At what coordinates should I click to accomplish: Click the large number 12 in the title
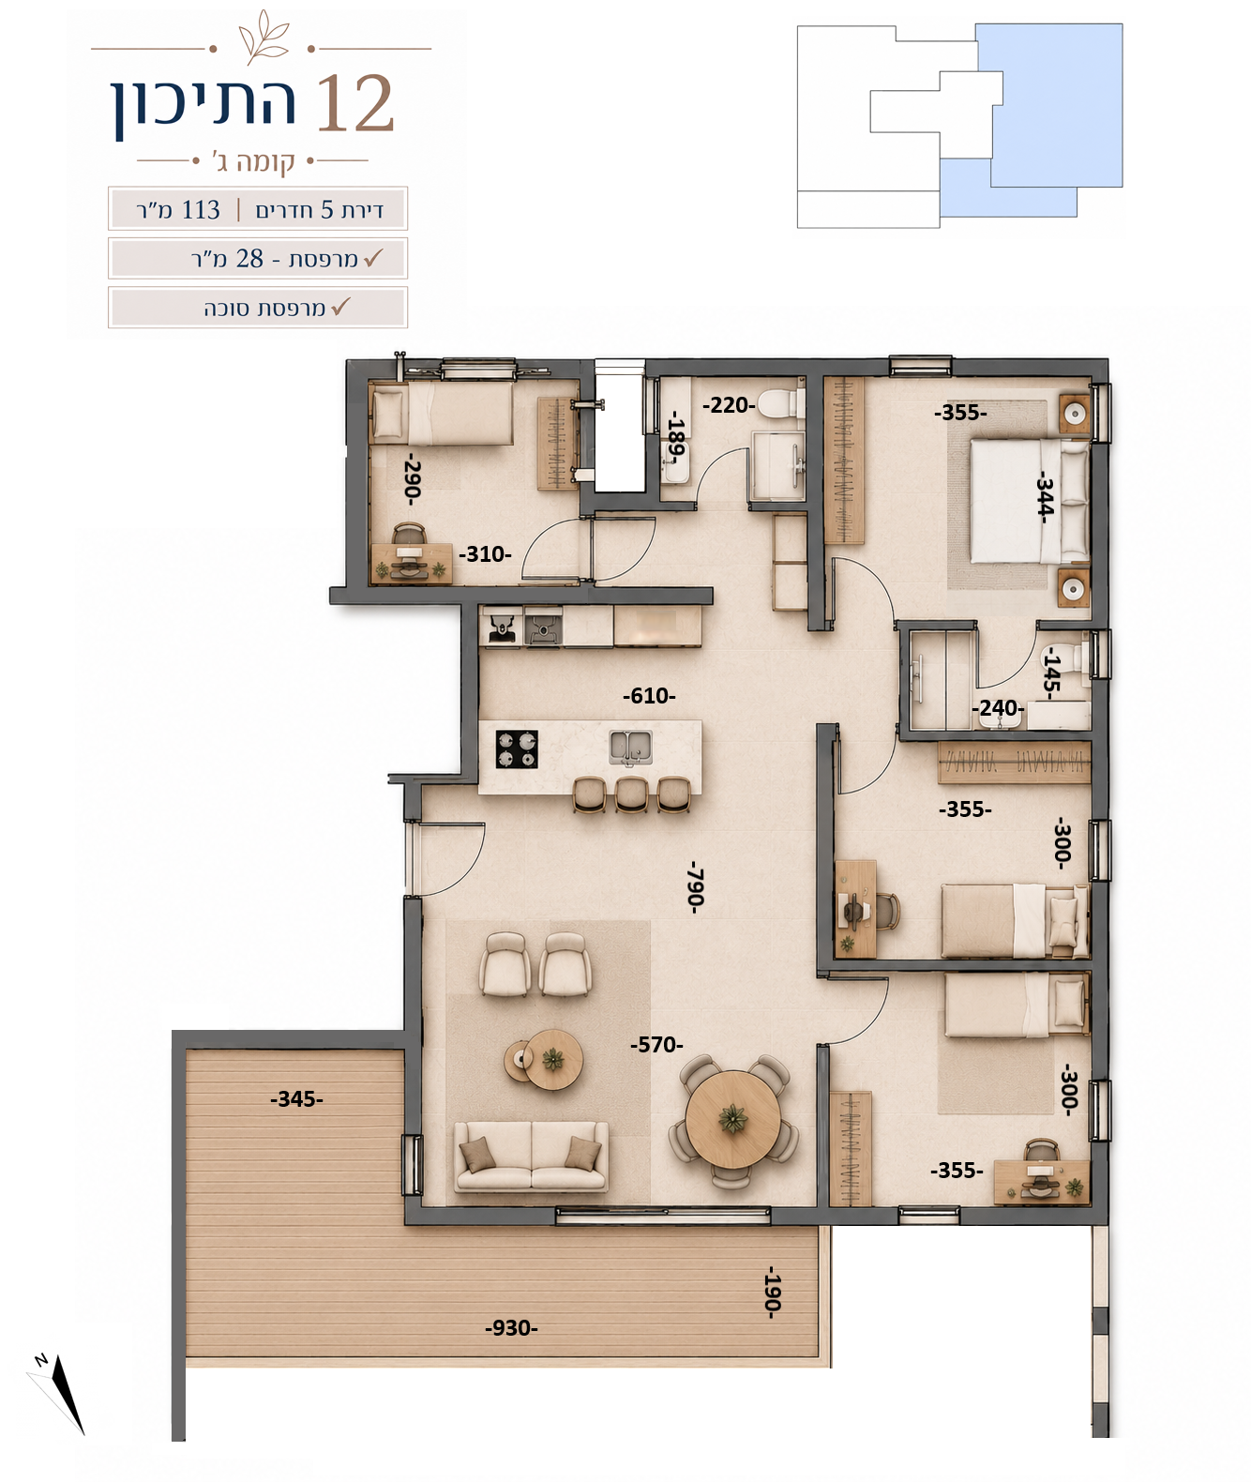click(x=354, y=103)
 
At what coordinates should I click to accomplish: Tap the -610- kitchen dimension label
click(x=649, y=696)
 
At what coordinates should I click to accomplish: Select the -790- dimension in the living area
click(x=696, y=887)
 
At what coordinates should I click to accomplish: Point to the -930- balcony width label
click(x=511, y=1327)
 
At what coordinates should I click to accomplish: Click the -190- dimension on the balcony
click(x=772, y=1292)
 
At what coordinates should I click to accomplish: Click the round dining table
click(x=733, y=1119)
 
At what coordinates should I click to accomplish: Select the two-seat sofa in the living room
click(x=531, y=1156)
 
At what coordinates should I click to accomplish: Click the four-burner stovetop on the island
click(x=517, y=749)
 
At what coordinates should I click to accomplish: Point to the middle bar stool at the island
click(x=631, y=794)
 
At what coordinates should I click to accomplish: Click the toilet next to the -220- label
click(x=780, y=404)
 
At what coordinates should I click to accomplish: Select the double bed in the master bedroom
click(x=1029, y=501)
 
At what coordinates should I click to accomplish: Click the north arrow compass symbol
click(x=60, y=1393)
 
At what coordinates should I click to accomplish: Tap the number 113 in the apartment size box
click(x=201, y=210)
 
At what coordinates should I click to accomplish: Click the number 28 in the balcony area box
click(x=249, y=258)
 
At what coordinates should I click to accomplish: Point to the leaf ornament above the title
click(x=264, y=37)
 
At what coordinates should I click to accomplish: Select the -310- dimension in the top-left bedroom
click(x=485, y=553)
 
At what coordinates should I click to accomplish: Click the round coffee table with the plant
click(x=552, y=1059)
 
